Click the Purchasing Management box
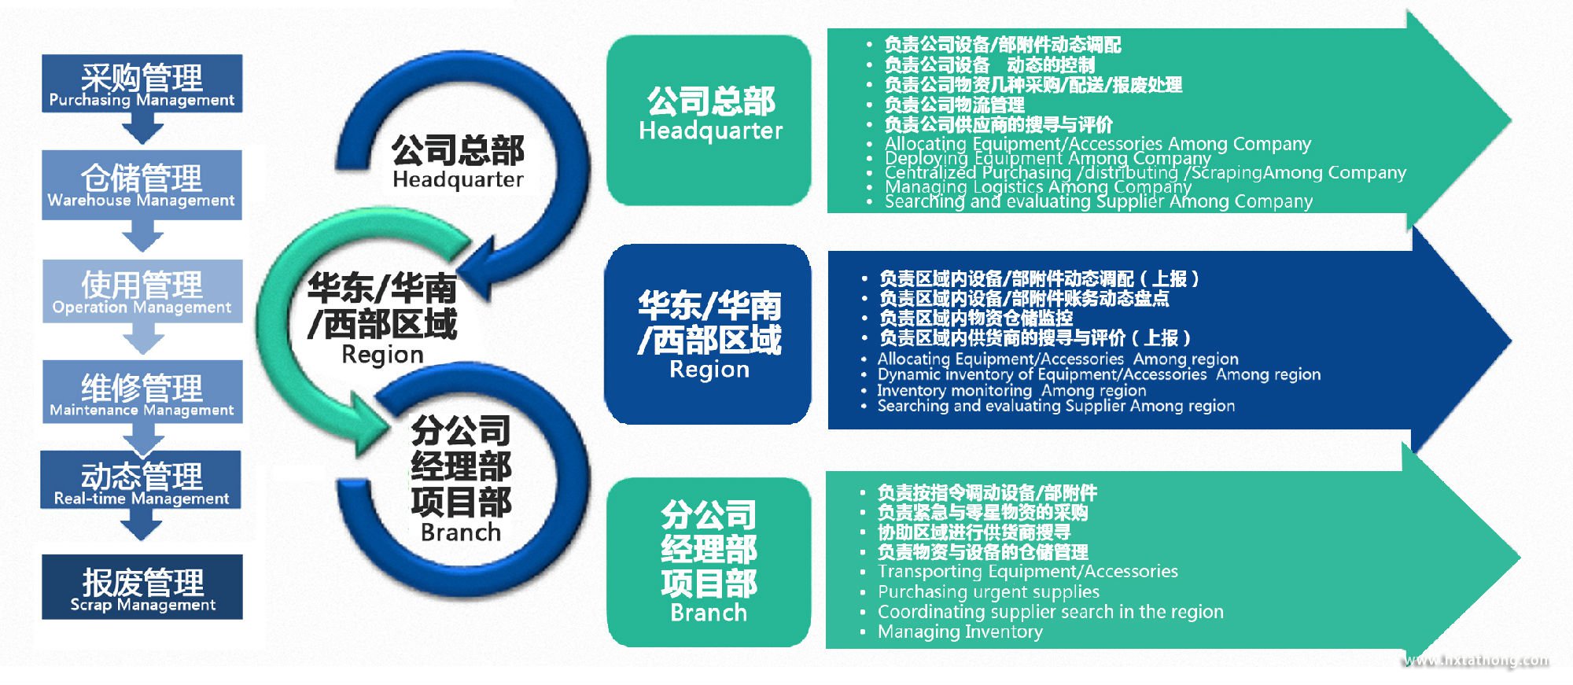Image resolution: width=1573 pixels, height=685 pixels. click(142, 83)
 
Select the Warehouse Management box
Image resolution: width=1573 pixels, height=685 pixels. click(142, 185)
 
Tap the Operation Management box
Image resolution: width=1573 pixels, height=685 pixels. click(142, 291)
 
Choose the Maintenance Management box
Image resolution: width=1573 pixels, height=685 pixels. click(142, 392)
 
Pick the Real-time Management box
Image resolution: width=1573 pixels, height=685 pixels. click(142, 481)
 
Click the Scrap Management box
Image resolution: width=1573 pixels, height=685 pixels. click(142, 587)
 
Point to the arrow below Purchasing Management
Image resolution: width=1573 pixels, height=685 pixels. click(142, 127)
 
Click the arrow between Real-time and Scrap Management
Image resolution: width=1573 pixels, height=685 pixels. click(142, 524)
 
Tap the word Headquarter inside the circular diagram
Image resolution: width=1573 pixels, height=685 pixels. click(458, 180)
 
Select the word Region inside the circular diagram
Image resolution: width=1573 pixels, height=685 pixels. click(382, 355)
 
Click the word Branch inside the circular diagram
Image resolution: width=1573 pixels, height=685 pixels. click(461, 532)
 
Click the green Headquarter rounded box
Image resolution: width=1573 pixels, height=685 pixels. click(709, 119)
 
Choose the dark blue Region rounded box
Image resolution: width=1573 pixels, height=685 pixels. click(708, 334)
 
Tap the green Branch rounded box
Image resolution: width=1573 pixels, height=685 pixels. click(709, 562)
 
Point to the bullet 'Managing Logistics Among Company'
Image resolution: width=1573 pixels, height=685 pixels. click(1037, 187)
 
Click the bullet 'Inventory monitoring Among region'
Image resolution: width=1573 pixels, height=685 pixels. click(1011, 391)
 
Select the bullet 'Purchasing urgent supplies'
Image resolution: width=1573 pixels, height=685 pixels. click(988, 591)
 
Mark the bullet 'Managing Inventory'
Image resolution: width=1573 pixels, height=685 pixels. click(960, 632)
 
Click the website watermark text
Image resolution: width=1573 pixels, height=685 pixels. click(1477, 661)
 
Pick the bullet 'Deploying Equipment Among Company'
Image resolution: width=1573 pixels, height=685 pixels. click(1047, 158)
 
